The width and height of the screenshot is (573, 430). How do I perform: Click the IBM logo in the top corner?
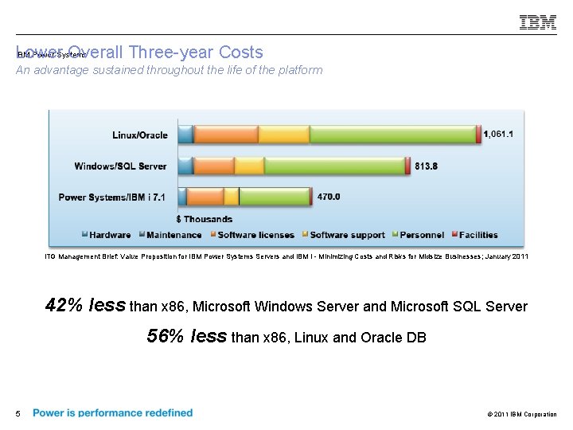click(538, 22)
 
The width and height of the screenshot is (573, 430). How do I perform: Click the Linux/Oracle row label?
click(140, 135)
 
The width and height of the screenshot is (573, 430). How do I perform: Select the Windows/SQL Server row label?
click(120, 166)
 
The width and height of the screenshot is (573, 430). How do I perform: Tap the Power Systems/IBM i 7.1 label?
click(112, 197)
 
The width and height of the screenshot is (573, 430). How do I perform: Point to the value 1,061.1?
click(499, 135)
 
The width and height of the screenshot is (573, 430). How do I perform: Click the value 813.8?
click(426, 166)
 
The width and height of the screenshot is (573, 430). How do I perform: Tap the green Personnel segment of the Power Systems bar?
click(275, 197)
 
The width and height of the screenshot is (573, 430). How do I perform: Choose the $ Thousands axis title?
click(205, 219)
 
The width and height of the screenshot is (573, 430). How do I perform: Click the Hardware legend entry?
click(109, 235)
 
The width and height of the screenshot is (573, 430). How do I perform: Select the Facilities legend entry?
click(477, 235)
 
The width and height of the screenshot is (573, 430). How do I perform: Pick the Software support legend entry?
click(347, 235)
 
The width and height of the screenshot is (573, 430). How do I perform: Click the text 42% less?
click(85, 306)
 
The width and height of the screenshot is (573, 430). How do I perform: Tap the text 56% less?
click(187, 337)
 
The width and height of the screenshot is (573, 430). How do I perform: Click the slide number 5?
click(18, 413)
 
